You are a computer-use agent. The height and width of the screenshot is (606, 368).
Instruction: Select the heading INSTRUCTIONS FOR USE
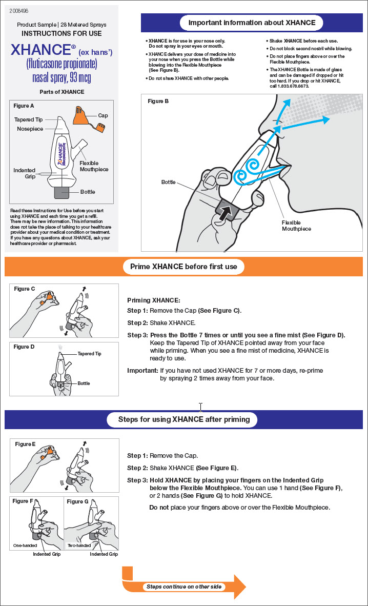coord(62,33)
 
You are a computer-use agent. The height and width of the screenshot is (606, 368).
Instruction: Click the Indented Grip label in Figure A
coord(24,173)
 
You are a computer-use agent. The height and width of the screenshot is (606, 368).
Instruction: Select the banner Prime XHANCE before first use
coord(184,267)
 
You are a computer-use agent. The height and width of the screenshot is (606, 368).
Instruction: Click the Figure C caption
coord(25,289)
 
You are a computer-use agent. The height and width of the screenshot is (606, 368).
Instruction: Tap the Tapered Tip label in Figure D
coord(89,354)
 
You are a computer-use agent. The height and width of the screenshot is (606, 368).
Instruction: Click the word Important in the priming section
coord(142,370)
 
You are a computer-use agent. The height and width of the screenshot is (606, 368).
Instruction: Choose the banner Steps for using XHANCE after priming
coord(184,419)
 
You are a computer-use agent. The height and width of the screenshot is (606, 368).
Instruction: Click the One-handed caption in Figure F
coord(25,546)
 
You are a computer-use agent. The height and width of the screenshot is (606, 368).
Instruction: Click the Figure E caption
coord(25,444)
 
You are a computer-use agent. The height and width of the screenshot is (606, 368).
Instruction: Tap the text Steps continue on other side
coord(185,587)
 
